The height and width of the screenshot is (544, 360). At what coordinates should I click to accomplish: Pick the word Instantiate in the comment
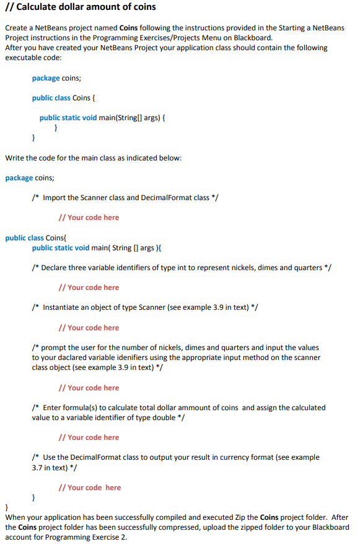tap(63, 307)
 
